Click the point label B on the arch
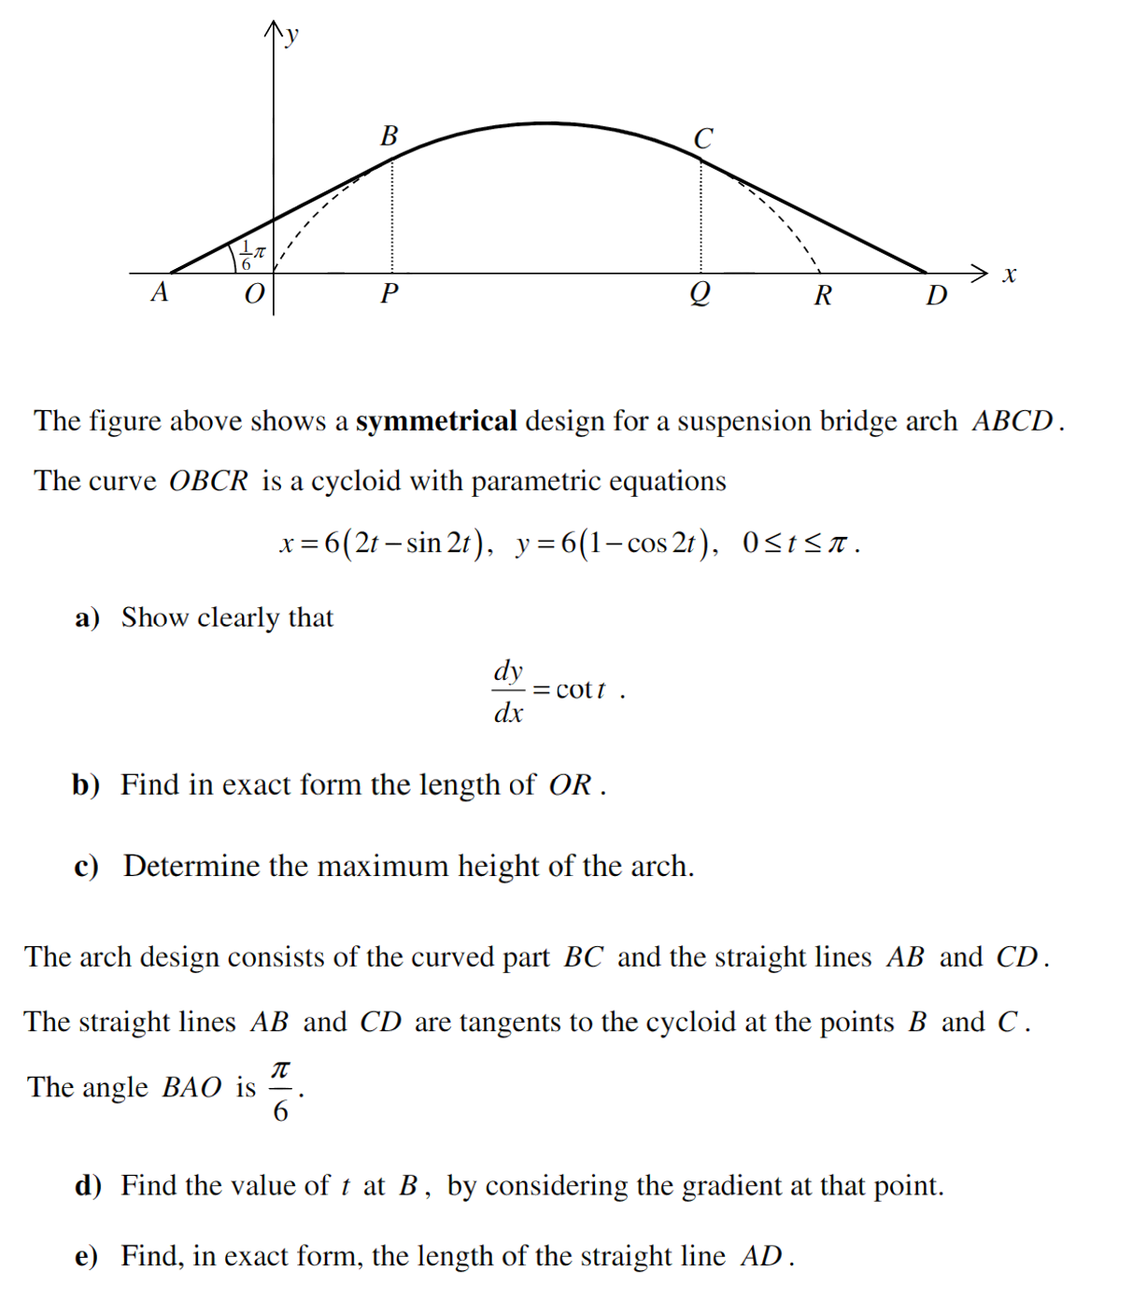(x=389, y=136)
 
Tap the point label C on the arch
(x=703, y=139)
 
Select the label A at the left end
(x=160, y=292)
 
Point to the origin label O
(x=254, y=294)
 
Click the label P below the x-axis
(x=389, y=294)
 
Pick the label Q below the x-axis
(x=700, y=294)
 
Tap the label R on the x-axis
(x=823, y=296)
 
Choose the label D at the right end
(x=936, y=296)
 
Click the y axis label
(x=292, y=35)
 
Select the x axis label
(x=1009, y=275)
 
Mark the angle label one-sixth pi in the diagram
(x=252, y=255)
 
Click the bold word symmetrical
(x=436, y=421)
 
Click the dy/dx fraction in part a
(x=508, y=691)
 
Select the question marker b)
(x=86, y=785)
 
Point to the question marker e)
(x=86, y=1257)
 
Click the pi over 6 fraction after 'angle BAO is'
(x=280, y=1089)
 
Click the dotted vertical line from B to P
(x=391, y=215)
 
